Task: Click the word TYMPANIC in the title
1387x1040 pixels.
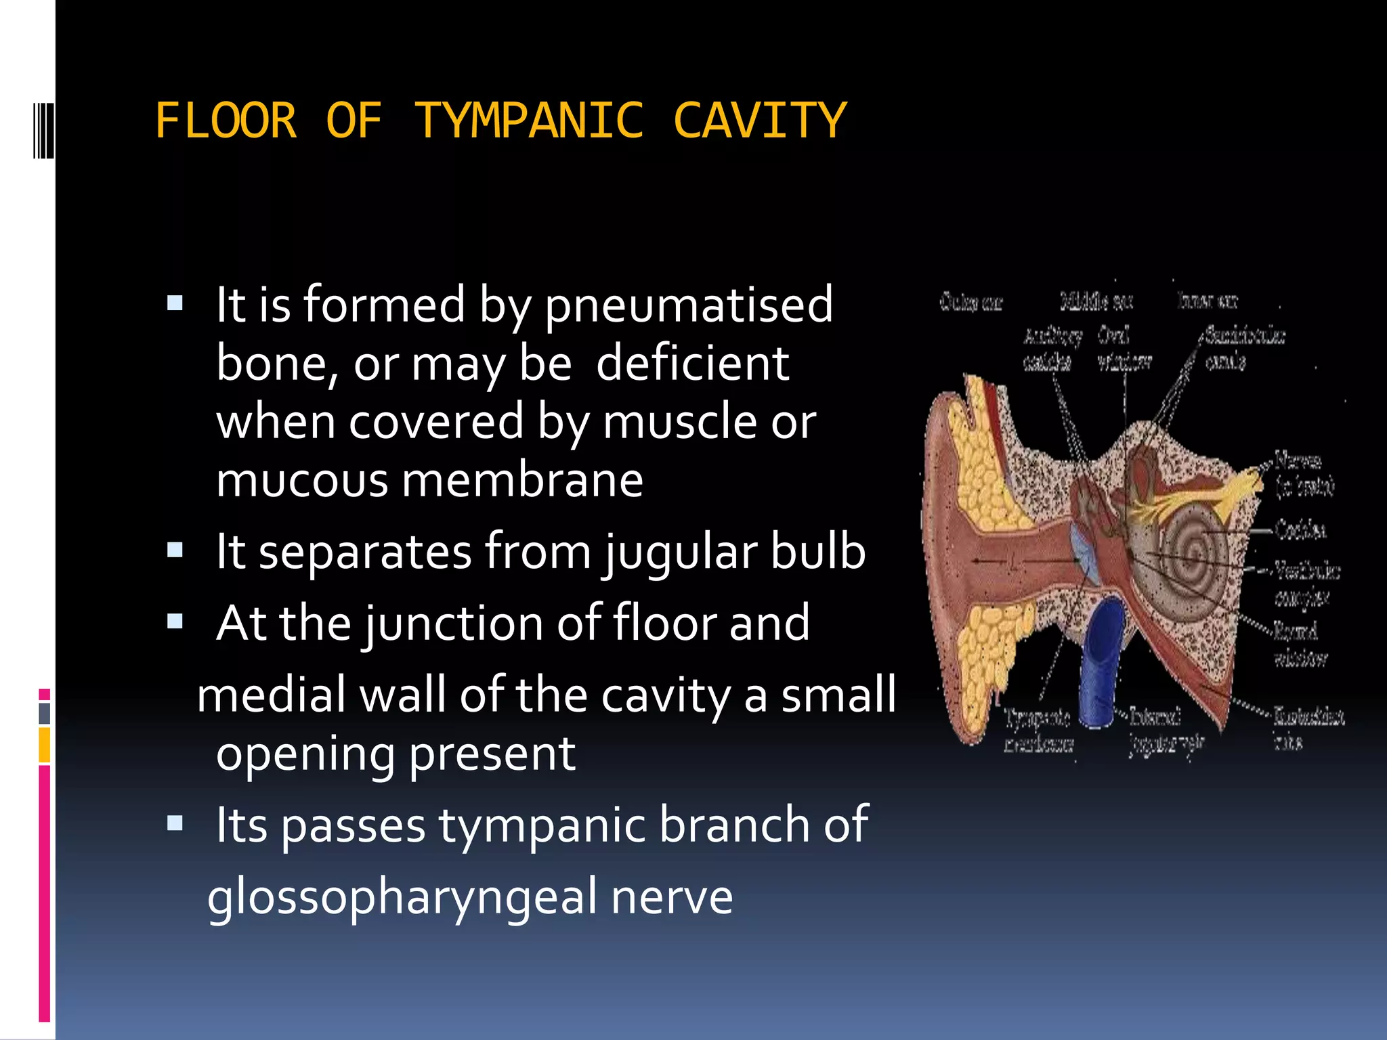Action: click(528, 121)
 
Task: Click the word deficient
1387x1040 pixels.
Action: click(692, 364)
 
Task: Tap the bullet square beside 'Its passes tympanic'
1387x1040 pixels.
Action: click(175, 823)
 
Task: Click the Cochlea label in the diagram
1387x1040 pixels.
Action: click(1300, 529)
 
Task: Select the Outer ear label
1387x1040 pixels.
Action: click(970, 302)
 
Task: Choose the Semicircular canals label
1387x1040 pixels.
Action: click(1243, 349)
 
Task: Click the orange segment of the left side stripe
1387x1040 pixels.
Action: click(45, 745)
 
